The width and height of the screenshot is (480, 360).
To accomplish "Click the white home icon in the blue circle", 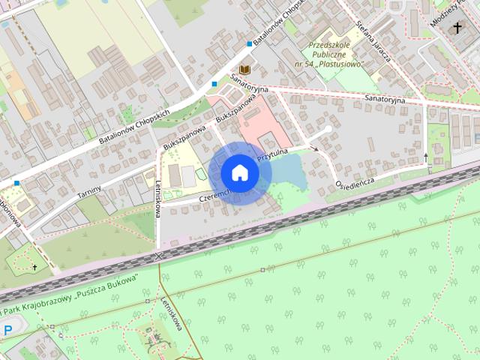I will pos(240,172).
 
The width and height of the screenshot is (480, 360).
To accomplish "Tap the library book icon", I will pos(244,68).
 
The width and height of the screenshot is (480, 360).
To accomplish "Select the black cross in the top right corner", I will pos(457,28).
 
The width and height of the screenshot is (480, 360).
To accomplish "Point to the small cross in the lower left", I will pos(34,266).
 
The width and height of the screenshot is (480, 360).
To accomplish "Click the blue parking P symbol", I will pos(8,330).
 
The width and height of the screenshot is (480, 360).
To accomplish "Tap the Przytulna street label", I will pos(274,155).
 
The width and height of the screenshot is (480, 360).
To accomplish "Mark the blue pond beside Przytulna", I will pos(289,171).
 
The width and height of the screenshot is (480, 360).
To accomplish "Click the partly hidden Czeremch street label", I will pos(214,196).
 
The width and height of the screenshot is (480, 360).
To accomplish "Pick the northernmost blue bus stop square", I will pos(250,43).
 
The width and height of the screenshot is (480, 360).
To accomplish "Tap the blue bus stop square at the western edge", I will pos(16,182).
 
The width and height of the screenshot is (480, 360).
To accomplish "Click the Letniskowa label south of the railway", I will pos(172,313).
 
